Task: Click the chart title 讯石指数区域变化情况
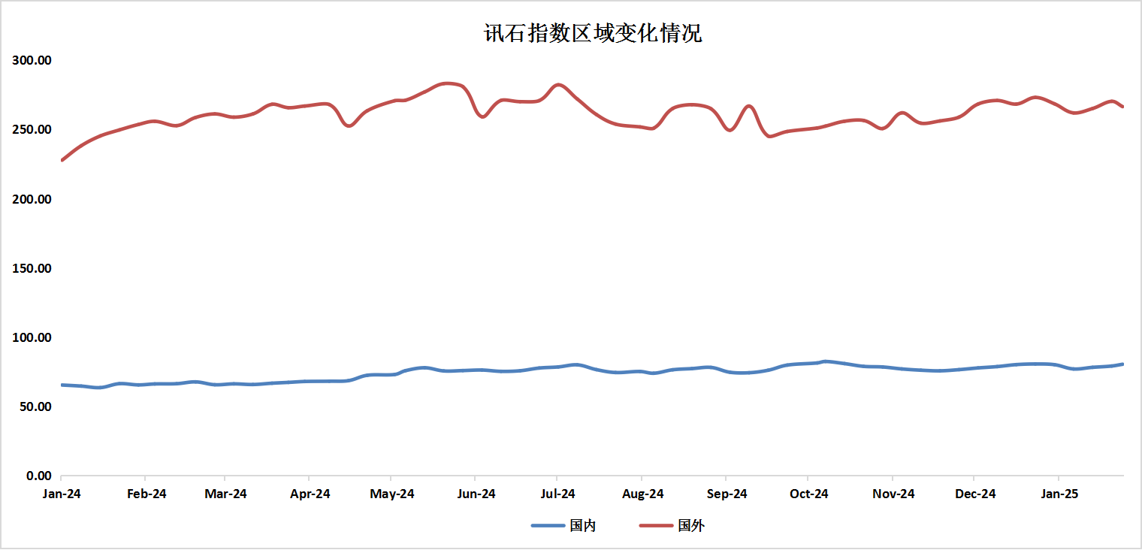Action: pos(593,34)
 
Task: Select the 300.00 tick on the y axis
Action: pos(32,60)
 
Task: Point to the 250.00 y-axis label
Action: pos(32,129)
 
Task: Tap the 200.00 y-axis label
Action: pos(32,199)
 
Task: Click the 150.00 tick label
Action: pos(32,268)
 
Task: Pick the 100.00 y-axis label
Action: pos(32,337)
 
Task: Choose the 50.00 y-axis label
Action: pos(35,406)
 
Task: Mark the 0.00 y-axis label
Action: pos(38,476)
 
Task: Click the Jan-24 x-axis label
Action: pos(61,494)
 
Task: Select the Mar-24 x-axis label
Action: pos(225,494)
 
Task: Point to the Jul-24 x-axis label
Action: pos(557,494)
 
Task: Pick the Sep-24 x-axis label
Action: pos(727,494)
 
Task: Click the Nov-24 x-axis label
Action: pos(894,494)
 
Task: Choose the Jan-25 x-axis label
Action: pos(1059,494)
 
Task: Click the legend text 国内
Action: pos(583,526)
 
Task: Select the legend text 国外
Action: pos(691,526)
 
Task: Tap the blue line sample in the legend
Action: pos(548,526)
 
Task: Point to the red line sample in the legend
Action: pos(656,526)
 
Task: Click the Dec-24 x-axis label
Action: pos(975,494)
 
